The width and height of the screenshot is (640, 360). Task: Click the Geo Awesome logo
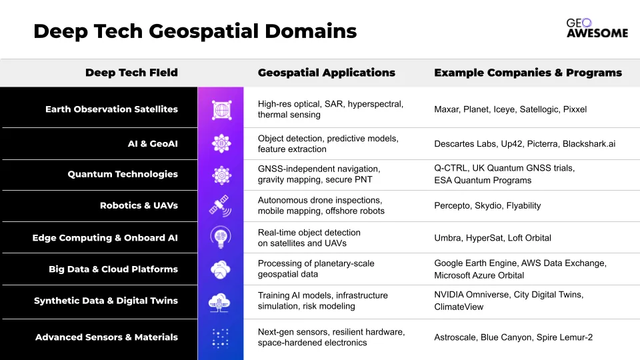tap(597, 28)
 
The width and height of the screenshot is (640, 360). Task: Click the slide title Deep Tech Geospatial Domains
tap(195, 31)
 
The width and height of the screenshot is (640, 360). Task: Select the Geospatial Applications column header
tap(327, 73)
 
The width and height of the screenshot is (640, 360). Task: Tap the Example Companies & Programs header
tap(528, 73)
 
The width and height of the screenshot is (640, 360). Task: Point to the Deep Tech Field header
tap(131, 73)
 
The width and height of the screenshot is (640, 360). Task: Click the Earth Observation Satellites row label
tap(111, 109)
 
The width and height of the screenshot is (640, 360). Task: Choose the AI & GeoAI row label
tap(153, 144)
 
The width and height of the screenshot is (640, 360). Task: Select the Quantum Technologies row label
tap(123, 174)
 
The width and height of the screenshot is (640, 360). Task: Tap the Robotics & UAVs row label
tap(139, 205)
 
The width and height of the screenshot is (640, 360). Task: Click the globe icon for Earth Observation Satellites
tap(221, 110)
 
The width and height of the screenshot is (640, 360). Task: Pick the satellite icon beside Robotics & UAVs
tap(221, 205)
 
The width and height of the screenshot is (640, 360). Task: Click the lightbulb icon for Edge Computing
tap(221, 237)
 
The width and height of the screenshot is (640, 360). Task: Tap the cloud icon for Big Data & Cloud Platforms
tap(221, 269)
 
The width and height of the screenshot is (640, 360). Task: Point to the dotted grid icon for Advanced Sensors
tap(221, 338)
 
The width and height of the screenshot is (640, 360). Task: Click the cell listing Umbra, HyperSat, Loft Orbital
tap(493, 238)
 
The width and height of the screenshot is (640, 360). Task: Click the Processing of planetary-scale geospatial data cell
tap(316, 269)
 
